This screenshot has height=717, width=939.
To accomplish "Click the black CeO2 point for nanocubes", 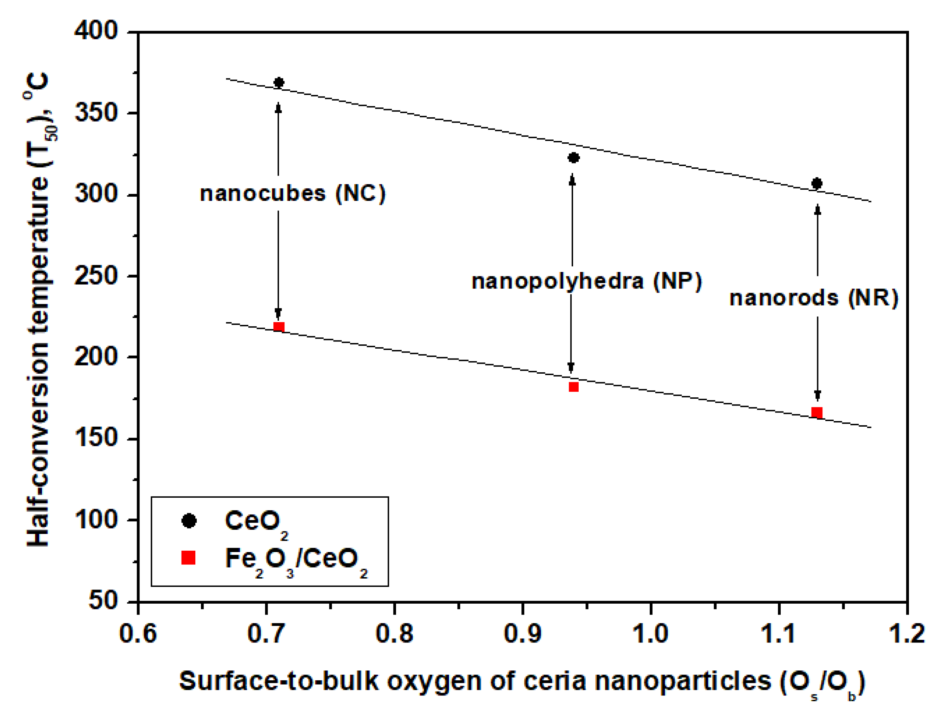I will (x=279, y=82).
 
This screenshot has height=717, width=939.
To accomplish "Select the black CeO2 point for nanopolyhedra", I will (x=573, y=158).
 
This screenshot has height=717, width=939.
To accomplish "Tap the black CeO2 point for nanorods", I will (x=816, y=184).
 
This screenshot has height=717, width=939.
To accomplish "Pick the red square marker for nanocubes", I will (x=279, y=327).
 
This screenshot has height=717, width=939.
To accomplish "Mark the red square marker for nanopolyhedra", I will (x=573, y=387).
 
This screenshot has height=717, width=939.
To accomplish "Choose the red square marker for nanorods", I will (x=816, y=412).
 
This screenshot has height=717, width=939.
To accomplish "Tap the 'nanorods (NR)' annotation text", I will (x=814, y=298).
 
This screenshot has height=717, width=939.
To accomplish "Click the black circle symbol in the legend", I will (x=189, y=521).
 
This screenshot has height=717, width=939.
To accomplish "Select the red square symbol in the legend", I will (x=188, y=558).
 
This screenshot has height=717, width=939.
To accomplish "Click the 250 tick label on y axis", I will (x=96, y=276).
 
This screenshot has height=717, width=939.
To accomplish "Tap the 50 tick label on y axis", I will (x=103, y=600).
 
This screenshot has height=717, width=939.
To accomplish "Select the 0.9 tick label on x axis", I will (x=522, y=633).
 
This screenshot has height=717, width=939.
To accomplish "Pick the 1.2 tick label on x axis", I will (x=906, y=633).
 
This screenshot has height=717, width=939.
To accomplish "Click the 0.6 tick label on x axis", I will (x=138, y=633).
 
